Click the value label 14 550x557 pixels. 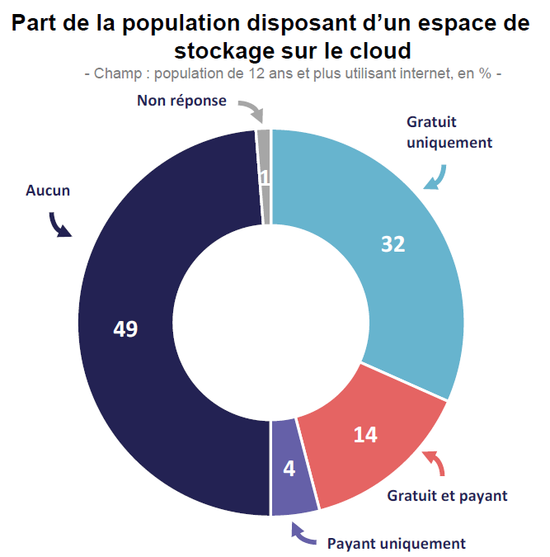365,435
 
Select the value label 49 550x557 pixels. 125,329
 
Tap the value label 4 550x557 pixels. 289,469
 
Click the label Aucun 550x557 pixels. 48,191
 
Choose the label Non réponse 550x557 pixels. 181,101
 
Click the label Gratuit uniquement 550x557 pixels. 449,132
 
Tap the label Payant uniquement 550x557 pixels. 396,544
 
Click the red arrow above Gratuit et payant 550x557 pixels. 436,464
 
